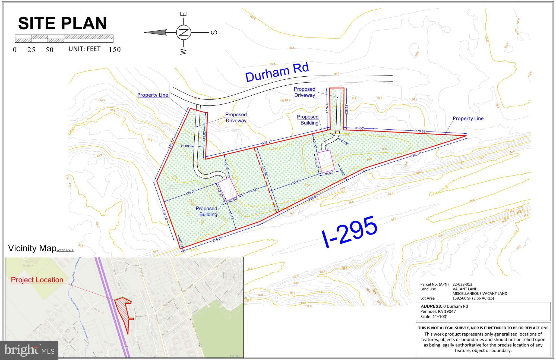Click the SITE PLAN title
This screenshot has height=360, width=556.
62,23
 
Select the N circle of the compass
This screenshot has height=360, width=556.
184,33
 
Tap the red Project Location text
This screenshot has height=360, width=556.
37,280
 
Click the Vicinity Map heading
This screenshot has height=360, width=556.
32,248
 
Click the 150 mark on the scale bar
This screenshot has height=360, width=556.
115,50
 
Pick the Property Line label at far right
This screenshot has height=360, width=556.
468,118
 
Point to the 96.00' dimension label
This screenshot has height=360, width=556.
359,128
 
